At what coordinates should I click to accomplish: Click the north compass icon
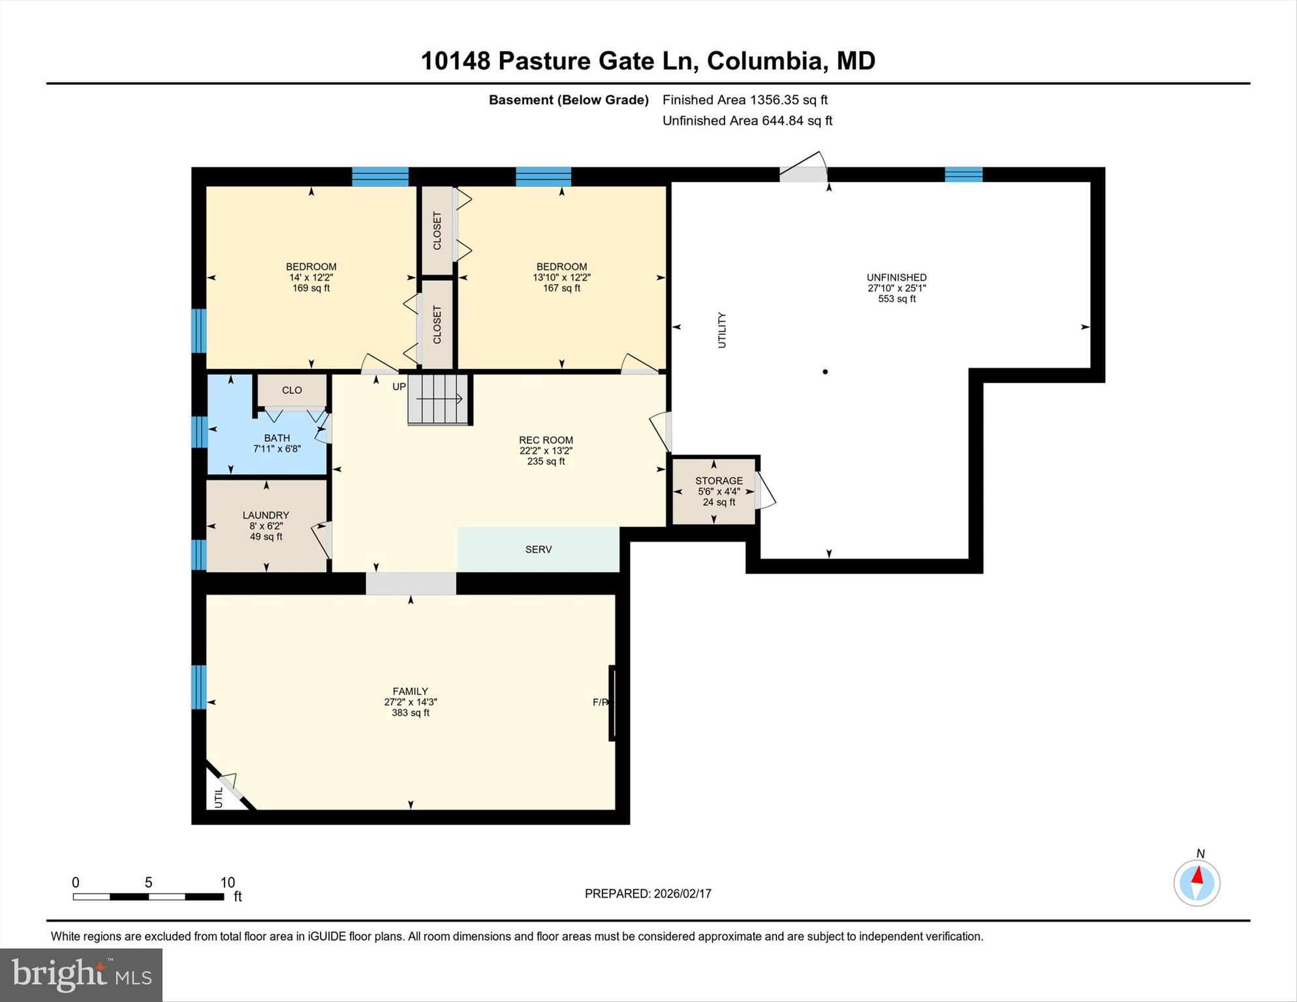coord(1196,883)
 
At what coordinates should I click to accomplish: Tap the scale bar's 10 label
coord(227,883)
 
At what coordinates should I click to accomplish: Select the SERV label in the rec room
coord(539,550)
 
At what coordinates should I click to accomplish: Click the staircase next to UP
coord(438,399)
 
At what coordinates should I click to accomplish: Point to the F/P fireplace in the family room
coord(612,702)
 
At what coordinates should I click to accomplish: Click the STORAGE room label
coord(719,480)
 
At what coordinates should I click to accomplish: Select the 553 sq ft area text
coord(897,299)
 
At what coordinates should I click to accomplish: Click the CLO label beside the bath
coord(292,390)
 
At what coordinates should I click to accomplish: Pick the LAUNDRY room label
coord(266,515)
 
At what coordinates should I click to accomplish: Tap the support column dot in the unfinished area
coord(825,372)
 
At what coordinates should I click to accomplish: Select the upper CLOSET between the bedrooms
coord(437,230)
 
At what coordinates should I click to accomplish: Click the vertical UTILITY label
coord(722,330)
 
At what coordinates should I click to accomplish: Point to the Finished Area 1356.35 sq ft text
coord(745,100)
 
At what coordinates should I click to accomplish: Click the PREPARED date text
coord(648,894)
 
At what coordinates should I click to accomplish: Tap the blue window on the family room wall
coord(199,687)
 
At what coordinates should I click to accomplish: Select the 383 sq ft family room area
coord(410,713)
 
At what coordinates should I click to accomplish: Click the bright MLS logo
coord(81,975)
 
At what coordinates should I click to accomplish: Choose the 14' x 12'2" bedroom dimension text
coord(311,277)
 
